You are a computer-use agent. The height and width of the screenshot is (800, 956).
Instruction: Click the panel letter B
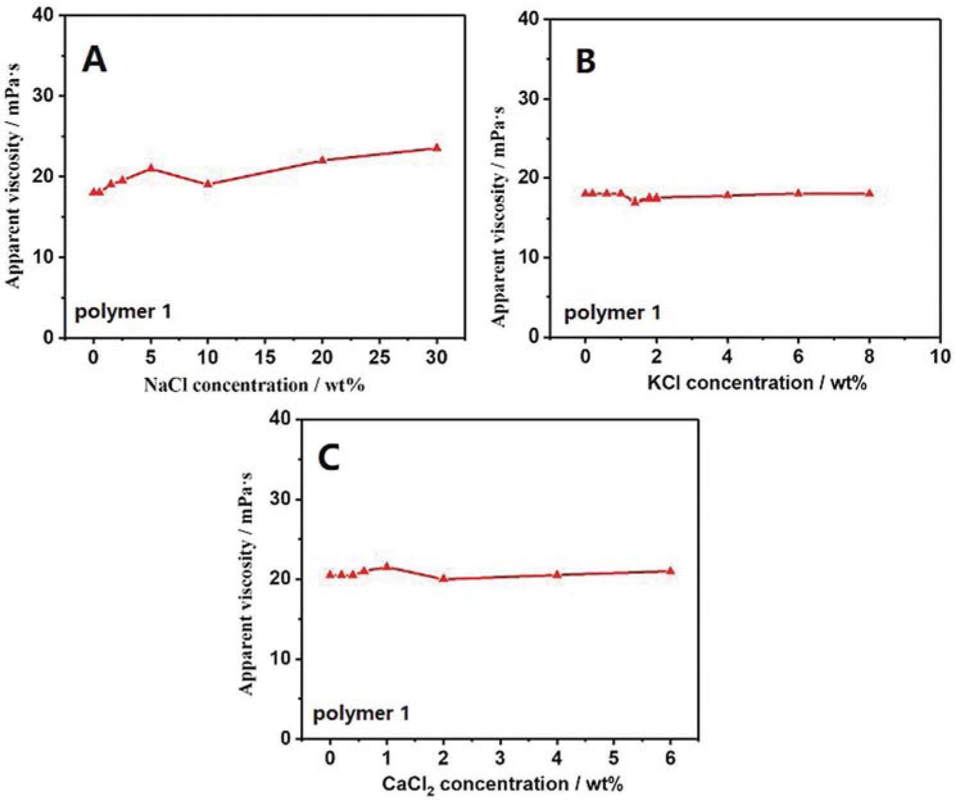click(x=585, y=62)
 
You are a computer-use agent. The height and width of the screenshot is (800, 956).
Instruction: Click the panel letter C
click(x=329, y=458)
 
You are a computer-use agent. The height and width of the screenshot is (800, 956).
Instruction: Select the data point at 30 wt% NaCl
click(x=437, y=148)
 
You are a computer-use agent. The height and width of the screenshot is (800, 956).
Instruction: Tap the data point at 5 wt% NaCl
click(x=151, y=167)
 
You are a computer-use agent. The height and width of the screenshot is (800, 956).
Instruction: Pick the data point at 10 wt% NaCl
click(x=208, y=183)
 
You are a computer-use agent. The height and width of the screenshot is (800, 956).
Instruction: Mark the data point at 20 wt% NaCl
click(x=323, y=159)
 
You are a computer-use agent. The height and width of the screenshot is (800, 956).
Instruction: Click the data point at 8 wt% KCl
click(x=869, y=193)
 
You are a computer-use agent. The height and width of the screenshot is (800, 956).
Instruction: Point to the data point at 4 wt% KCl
click(x=728, y=194)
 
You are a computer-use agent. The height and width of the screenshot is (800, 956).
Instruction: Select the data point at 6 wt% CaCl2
click(x=671, y=570)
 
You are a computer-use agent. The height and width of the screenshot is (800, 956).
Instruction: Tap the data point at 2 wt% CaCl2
click(x=443, y=578)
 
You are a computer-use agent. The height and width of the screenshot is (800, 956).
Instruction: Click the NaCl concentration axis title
click(x=254, y=385)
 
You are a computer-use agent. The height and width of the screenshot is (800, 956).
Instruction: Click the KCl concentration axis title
click(x=757, y=383)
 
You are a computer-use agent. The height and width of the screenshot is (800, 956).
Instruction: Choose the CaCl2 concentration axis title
click(x=502, y=784)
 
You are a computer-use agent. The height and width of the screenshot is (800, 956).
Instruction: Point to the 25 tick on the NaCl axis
click(x=380, y=357)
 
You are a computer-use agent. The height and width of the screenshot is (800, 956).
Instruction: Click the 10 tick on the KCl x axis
click(x=940, y=356)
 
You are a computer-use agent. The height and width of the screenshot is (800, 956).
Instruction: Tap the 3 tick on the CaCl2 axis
click(x=500, y=758)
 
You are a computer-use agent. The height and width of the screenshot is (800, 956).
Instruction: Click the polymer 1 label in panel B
click(x=612, y=313)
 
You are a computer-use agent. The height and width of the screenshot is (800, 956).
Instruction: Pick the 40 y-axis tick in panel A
click(x=44, y=15)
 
